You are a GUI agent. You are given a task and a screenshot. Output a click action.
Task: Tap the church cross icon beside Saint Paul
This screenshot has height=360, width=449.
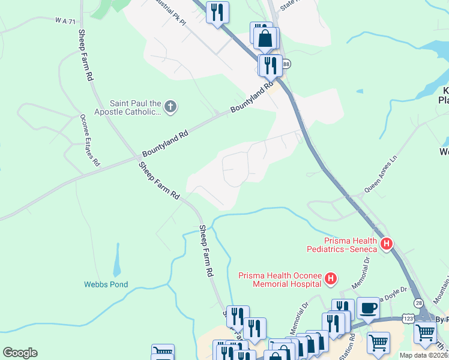click(170, 107)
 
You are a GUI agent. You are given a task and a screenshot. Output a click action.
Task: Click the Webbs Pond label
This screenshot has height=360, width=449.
click(106, 284)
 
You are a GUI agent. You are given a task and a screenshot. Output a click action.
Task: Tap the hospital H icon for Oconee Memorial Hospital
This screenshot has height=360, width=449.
click(330, 278)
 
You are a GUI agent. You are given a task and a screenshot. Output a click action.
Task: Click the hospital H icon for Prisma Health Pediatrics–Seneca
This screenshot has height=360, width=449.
click(387, 244)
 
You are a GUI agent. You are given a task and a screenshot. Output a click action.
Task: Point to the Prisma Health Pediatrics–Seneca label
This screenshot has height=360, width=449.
click(342, 244)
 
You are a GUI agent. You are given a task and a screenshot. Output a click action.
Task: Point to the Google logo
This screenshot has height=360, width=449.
click(20, 353)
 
